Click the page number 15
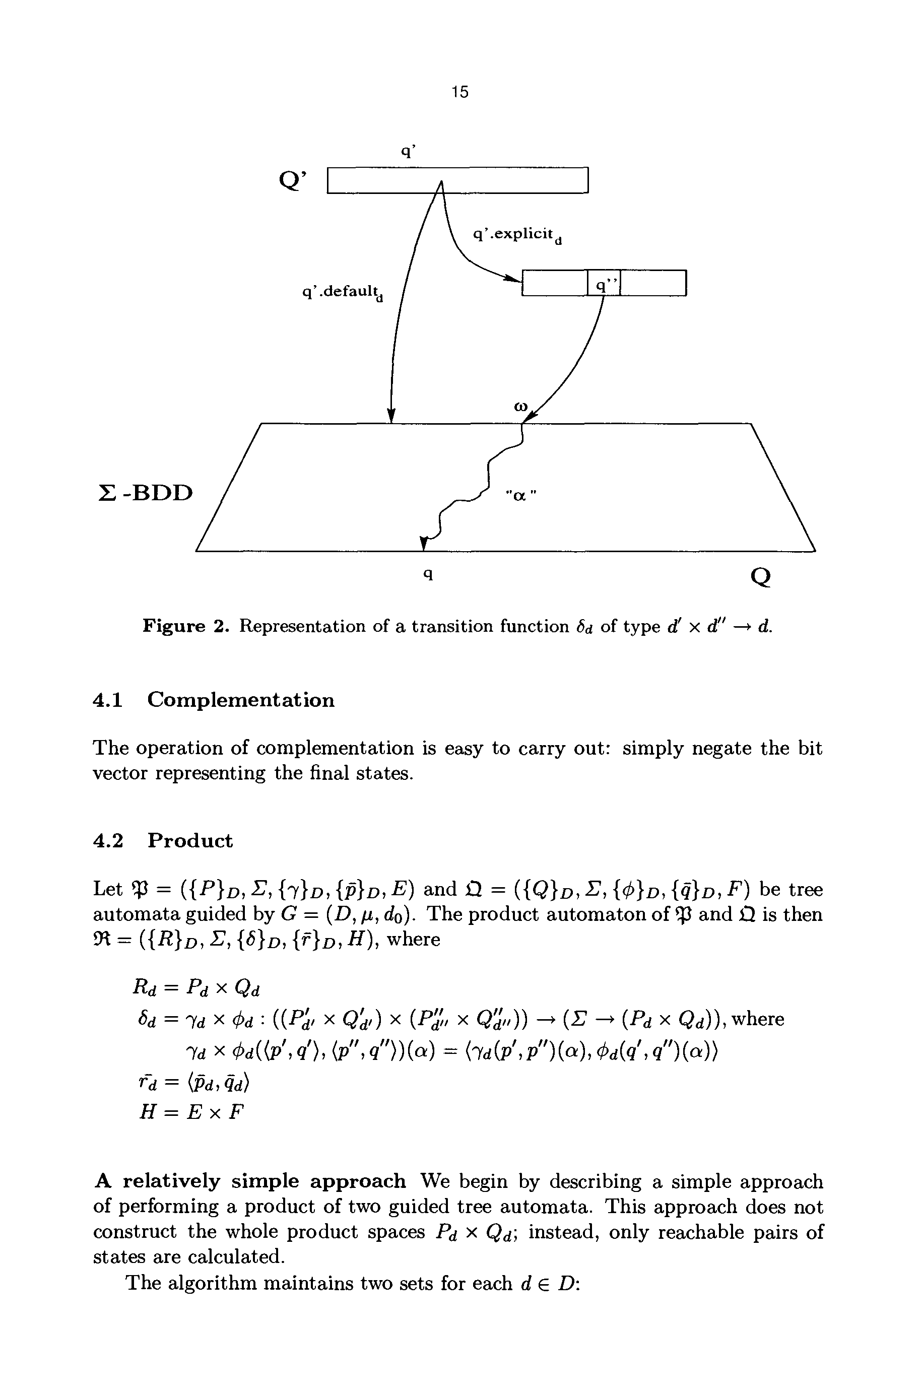pyautogui.click(x=460, y=92)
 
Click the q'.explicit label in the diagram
pyautogui.click(x=517, y=235)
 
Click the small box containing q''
pyautogui.click(x=604, y=284)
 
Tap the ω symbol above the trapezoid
pyautogui.click(x=520, y=406)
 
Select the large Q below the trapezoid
pyautogui.click(x=760, y=577)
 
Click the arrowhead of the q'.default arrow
pyautogui.click(x=391, y=415)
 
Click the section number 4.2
pyautogui.click(x=108, y=841)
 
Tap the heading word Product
pyautogui.click(x=190, y=841)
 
